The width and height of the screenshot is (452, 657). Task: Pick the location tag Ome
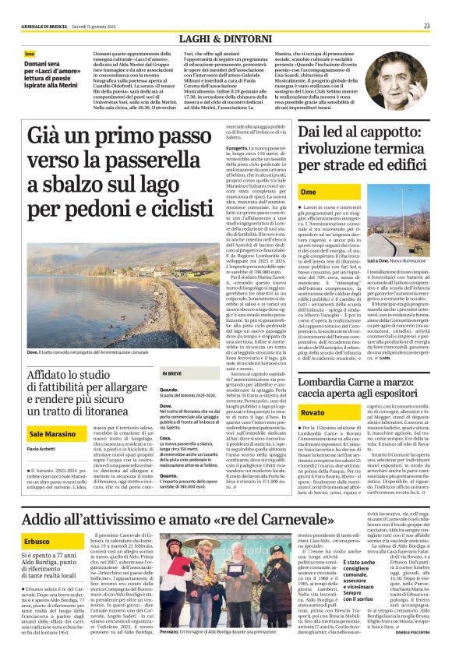308,191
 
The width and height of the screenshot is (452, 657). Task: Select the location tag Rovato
313,412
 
